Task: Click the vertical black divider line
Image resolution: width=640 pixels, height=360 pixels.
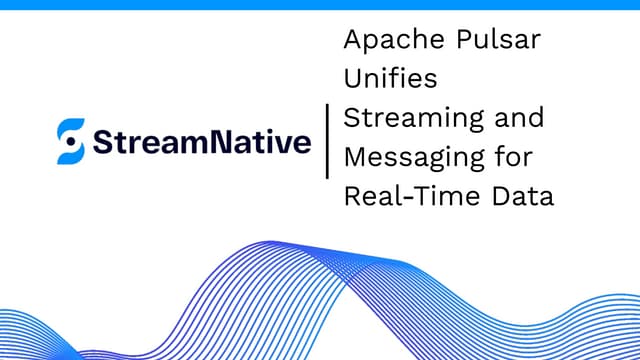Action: tap(327, 141)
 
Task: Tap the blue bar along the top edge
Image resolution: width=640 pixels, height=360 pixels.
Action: tap(320, 4)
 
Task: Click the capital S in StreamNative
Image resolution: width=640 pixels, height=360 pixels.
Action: tap(102, 142)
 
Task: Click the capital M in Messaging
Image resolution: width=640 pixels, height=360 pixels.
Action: tap(355, 157)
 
